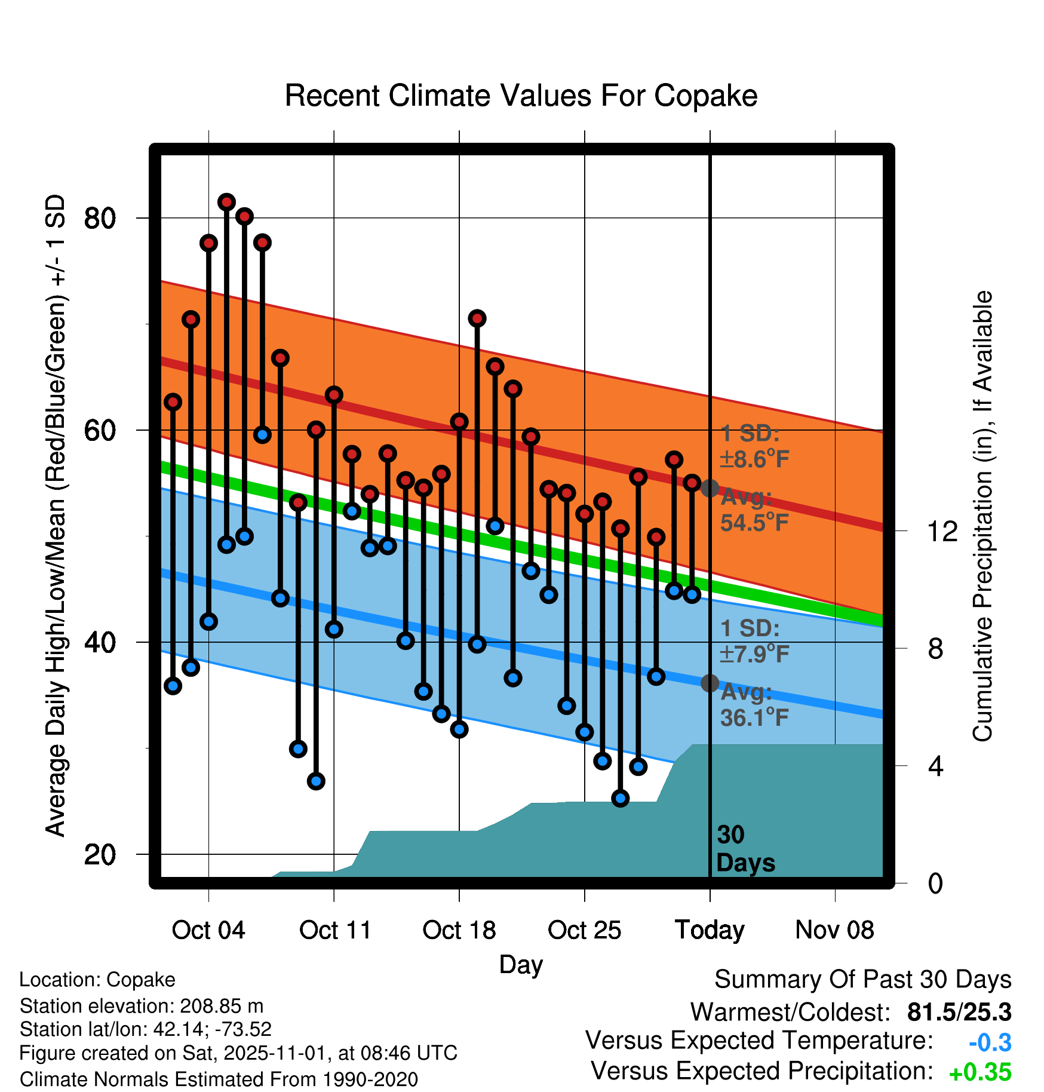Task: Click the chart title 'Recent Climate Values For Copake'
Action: [x=521, y=96]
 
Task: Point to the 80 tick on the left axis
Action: [x=100, y=219]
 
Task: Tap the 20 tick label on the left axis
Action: [x=100, y=855]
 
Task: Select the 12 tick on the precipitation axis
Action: [x=942, y=531]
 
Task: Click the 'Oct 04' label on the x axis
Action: [x=208, y=930]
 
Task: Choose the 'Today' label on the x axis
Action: [x=710, y=930]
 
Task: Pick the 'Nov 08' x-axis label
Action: [x=834, y=930]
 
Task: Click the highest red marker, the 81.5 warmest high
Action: [x=226, y=202]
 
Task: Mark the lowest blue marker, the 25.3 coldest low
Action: [x=621, y=798]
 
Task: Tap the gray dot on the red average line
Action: [x=710, y=488]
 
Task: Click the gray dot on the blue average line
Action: [x=710, y=683]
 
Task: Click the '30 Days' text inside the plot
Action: [x=745, y=849]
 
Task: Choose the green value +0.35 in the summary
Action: [x=979, y=1072]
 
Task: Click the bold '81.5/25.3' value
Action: [x=959, y=1012]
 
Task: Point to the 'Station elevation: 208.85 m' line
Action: [x=142, y=1006]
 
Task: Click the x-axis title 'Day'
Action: [x=521, y=964]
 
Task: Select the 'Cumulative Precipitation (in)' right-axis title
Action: [x=982, y=516]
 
